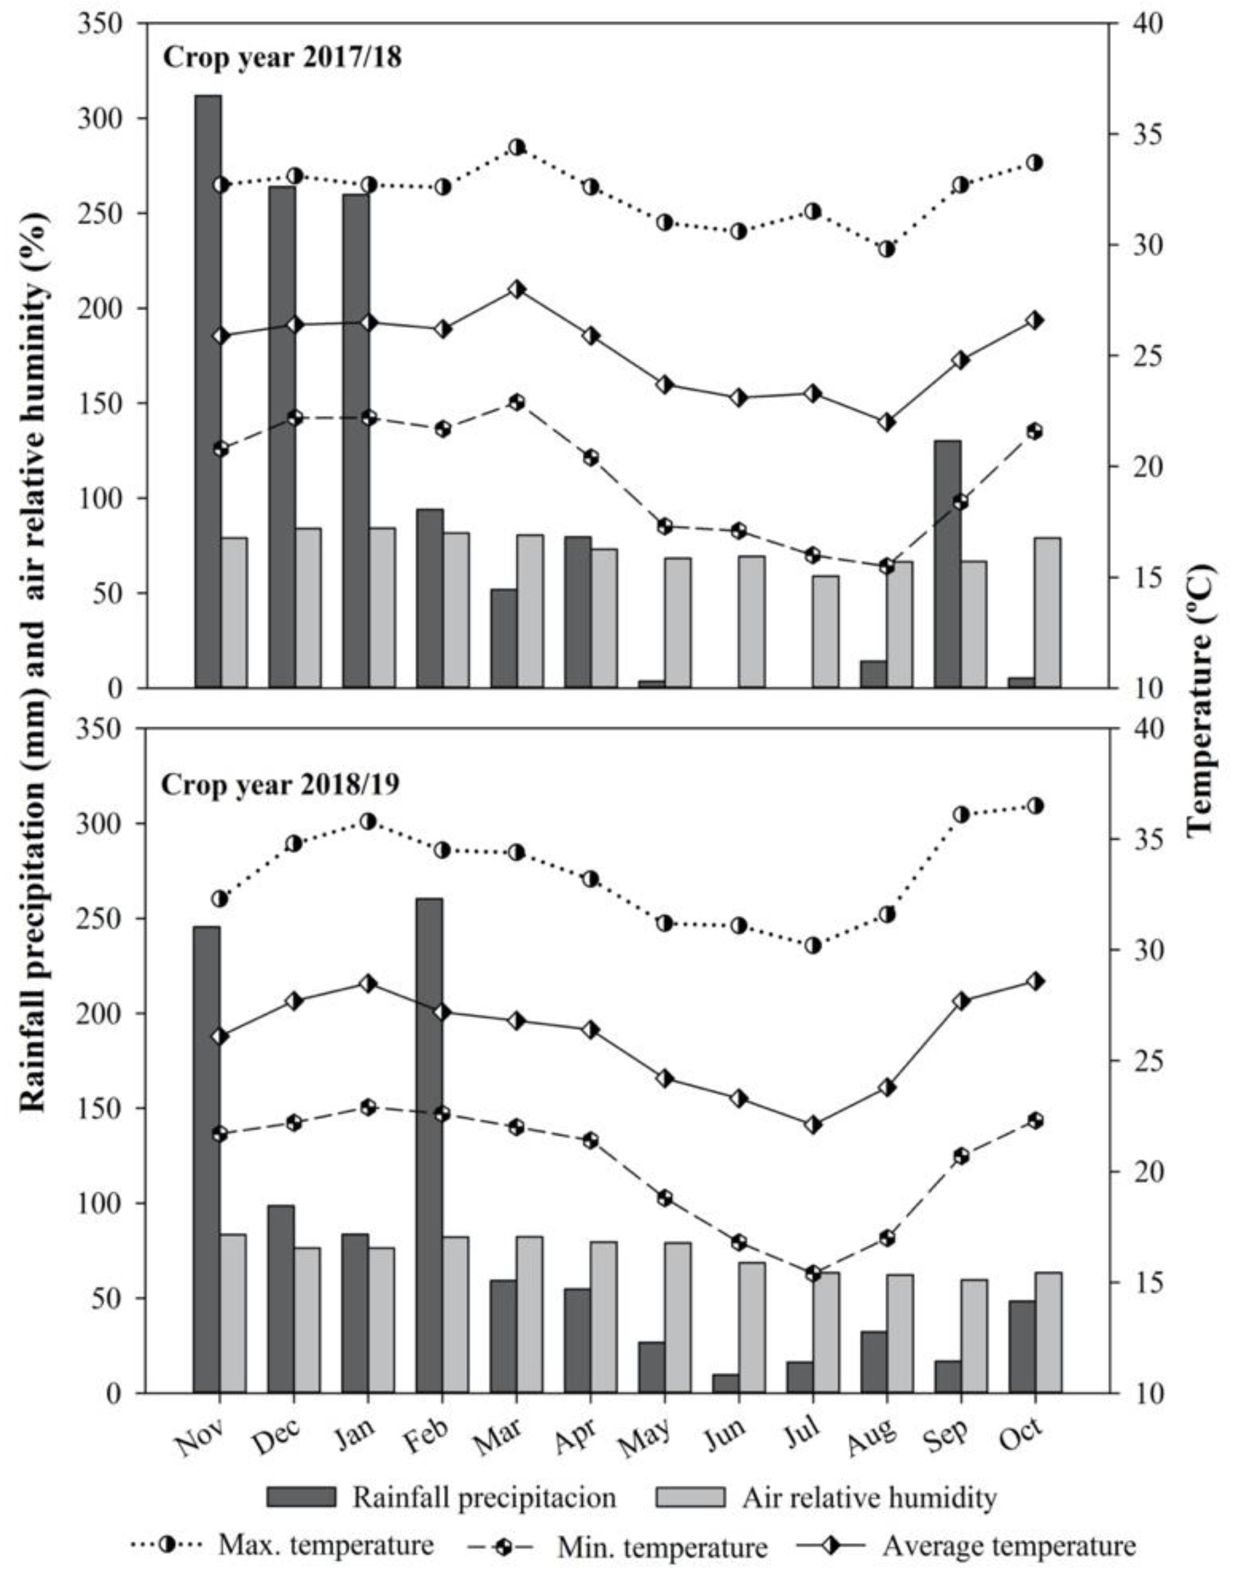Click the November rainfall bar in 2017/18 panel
pos(208,391)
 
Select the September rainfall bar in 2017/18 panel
pos(947,564)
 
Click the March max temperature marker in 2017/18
pos(516,147)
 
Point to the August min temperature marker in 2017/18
pos(887,566)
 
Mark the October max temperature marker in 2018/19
pos(1035,805)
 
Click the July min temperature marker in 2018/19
pos(813,1274)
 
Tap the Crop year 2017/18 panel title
pos(282,57)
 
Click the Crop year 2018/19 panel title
pos(281,785)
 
